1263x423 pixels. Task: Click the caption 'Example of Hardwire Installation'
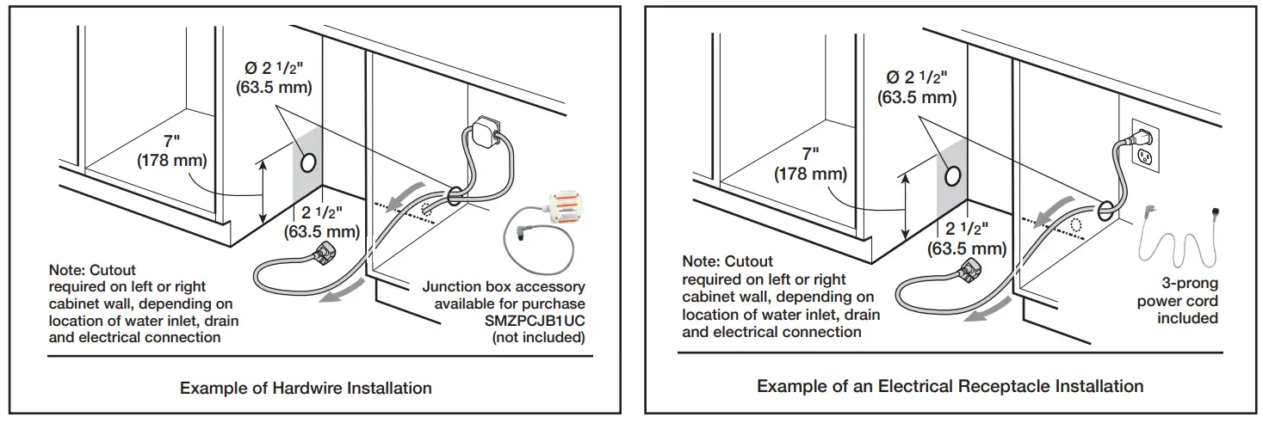point(306,388)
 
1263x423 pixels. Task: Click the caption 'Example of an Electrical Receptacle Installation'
point(950,386)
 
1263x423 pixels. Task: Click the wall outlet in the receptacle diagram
point(1143,147)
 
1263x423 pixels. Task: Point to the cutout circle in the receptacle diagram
point(953,175)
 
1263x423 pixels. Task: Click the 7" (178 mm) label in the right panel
point(810,163)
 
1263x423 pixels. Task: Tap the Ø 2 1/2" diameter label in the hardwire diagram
point(274,77)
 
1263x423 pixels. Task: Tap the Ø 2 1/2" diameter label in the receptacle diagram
point(917,87)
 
